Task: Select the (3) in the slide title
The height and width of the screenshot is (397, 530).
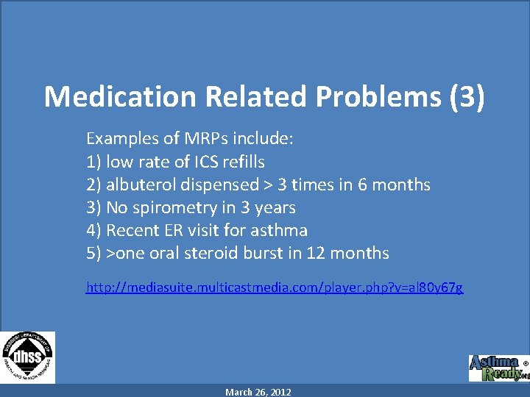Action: [x=467, y=97]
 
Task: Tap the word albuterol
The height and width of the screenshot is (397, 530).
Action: [x=141, y=185]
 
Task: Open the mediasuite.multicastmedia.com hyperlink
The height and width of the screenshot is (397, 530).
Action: [x=275, y=287]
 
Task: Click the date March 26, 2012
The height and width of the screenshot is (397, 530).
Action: [x=258, y=393]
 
